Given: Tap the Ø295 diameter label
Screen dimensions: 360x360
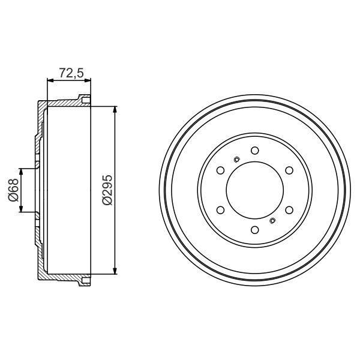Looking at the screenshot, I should pyautogui.click(x=107, y=191).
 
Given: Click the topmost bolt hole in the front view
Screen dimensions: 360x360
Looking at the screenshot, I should pyautogui.click(x=254, y=150).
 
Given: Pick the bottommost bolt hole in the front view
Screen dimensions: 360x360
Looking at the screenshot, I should pyautogui.click(x=254, y=230).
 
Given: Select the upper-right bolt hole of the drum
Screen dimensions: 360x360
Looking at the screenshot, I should pyautogui.click(x=289, y=170).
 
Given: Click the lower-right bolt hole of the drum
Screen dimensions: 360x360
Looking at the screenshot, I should pyautogui.click(x=289, y=210).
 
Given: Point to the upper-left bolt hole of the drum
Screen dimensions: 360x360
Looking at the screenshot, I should pyautogui.click(x=220, y=170).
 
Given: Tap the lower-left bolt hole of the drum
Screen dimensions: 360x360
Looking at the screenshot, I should pyautogui.click(x=220, y=210).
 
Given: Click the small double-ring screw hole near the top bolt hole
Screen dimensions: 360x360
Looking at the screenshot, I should pyautogui.click(x=236, y=159).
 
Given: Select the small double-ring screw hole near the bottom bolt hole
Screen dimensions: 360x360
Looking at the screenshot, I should pyautogui.click(x=272, y=221).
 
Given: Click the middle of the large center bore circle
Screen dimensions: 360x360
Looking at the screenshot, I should pyautogui.click(x=254, y=190).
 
